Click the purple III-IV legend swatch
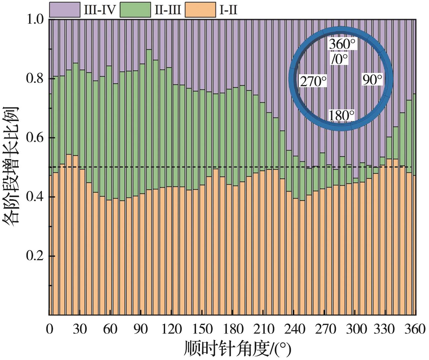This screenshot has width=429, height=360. [x=65, y=10]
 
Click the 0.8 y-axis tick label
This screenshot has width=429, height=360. [x=35, y=79]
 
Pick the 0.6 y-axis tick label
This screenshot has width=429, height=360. [x=35, y=138]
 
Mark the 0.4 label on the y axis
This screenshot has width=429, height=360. [x=35, y=197]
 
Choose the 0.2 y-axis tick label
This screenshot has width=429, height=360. [x=35, y=256]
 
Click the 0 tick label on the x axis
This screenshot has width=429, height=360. [x=49, y=329]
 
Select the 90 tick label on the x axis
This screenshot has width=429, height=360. [x=141, y=329]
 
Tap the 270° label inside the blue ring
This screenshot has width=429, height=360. [x=313, y=81]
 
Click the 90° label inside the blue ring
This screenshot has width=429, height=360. [x=372, y=80]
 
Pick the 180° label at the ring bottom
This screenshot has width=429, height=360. [x=341, y=115]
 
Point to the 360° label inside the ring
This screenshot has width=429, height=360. [x=342, y=44]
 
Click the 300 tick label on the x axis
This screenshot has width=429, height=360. [x=355, y=329]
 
